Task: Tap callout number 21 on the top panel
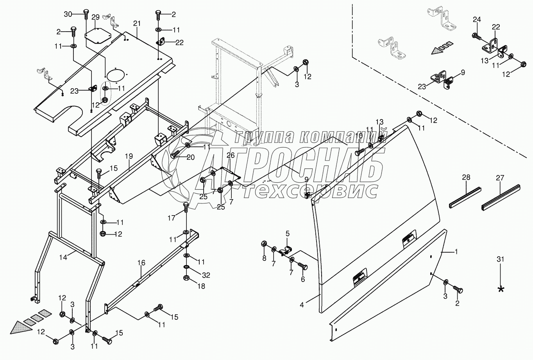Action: point(136,24)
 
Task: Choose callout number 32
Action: point(206,275)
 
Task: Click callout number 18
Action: point(201,287)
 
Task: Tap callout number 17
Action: point(172,218)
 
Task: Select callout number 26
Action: point(231,155)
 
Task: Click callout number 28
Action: point(466,178)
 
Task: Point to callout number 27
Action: point(500,178)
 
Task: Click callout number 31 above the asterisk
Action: point(501,259)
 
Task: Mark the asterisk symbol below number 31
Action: point(501,289)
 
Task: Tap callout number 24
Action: point(477,19)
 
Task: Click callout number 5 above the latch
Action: point(287,233)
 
